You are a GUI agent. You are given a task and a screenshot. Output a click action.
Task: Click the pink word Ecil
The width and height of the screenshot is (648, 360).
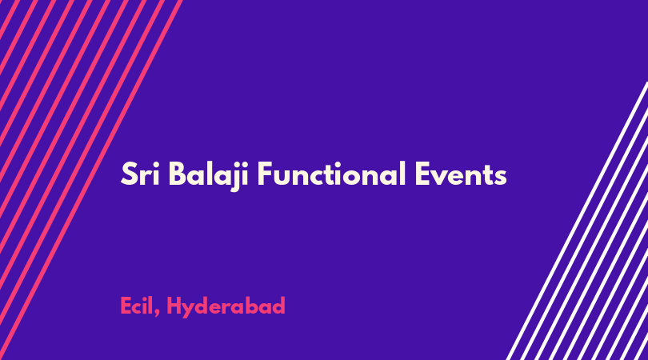pyautogui.click(x=138, y=306)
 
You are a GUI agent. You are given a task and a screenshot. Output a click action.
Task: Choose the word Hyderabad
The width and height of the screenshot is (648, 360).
pyautogui.click(x=226, y=307)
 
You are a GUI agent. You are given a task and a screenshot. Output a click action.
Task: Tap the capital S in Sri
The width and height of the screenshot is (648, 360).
pyautogui.click(x=129, y=174)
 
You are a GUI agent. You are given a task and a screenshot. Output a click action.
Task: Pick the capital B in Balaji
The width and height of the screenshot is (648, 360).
pyautogui.click(x=177, y=174)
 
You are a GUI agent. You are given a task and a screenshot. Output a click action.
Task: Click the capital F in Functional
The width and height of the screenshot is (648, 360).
pyautogui.click(x=265, y=174)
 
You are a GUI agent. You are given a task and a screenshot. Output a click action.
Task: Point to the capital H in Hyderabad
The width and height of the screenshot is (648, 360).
pyautogui.click(x=174, y=306)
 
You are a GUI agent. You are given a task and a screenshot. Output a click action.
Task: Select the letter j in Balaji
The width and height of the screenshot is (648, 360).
pyautogui.click(x=237, y=177)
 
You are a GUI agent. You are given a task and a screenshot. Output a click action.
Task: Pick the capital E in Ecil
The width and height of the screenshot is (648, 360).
pyautogui.click(x=126, y=306)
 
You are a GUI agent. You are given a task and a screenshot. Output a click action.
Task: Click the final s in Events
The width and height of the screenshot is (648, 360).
pyautogui.click(x=500, y=178)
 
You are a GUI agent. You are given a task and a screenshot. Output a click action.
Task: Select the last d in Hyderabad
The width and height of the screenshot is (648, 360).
pyautogui.click(x=278, y=306)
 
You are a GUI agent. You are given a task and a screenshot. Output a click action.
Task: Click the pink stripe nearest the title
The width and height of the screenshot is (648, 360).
pyautogui.click(x=91, y=180)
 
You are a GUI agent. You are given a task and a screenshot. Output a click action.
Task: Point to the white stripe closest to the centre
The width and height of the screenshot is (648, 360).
pyautogui.click(x=578, y=221)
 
